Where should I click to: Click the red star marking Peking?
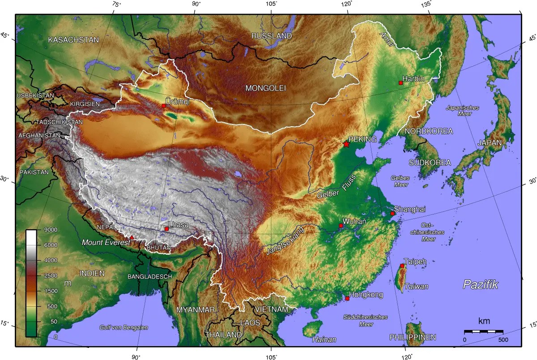pyautogui.click(x=346, y=144)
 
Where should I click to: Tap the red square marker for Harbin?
pyautogui.click(x=401, y=83)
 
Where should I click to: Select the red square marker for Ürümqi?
pyautogui.click(x=164, y=106)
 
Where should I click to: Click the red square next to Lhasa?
pyautogui.click(x=166, y=229)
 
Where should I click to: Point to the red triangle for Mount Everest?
pyautogui.click(x=132, y=237)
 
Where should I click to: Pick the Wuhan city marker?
pyautogui.click(x=341, y=226)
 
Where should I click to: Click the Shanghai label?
pyautogui.click(x=409, y=209)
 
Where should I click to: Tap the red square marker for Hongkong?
pyautogui.click(x=347, y=298)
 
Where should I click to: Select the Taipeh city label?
pyautogui.click(x=415, y=261)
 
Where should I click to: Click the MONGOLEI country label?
pyautogui.click(x=265, y=88)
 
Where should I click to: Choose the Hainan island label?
pyautogui.click(x=324, y=339)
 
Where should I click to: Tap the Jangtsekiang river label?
pyautogui.click(x=285, y=241)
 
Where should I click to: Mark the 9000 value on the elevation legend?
pyautogui.click(x=48, y=230)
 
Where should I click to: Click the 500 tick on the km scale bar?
pyautogui.click(x=503, y=339)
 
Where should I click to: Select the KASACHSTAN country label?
pyautogui.click(x=73, y=40)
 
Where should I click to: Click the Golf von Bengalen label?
pyautogui.click(x=124, y=328)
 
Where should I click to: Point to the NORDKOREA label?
pyautogui.click(x=429, y=131)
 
